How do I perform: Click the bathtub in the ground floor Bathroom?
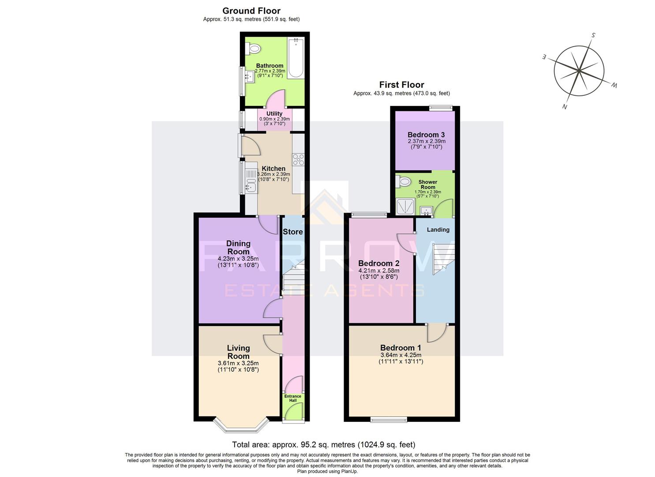[x=296, y=58]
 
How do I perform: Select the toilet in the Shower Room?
[x=403, y=181]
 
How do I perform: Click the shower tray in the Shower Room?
[x=405, y=206]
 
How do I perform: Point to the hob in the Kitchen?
[x=298, y=159]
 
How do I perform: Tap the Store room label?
[x=292, y=232]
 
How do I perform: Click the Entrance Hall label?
[x=292, y=398]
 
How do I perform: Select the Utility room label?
[x=274, y=114]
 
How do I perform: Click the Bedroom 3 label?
[x=426, y=135]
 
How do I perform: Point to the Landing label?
[x=438, y=230]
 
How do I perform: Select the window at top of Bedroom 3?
[x=441, y=107]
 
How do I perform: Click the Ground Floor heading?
[x=251, y=11]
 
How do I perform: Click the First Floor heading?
[x=401, y=85]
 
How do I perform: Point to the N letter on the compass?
[x=565, y=106]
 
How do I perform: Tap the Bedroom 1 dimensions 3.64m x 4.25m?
[x=400, y=355]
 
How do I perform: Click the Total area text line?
[x=323, y=445]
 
